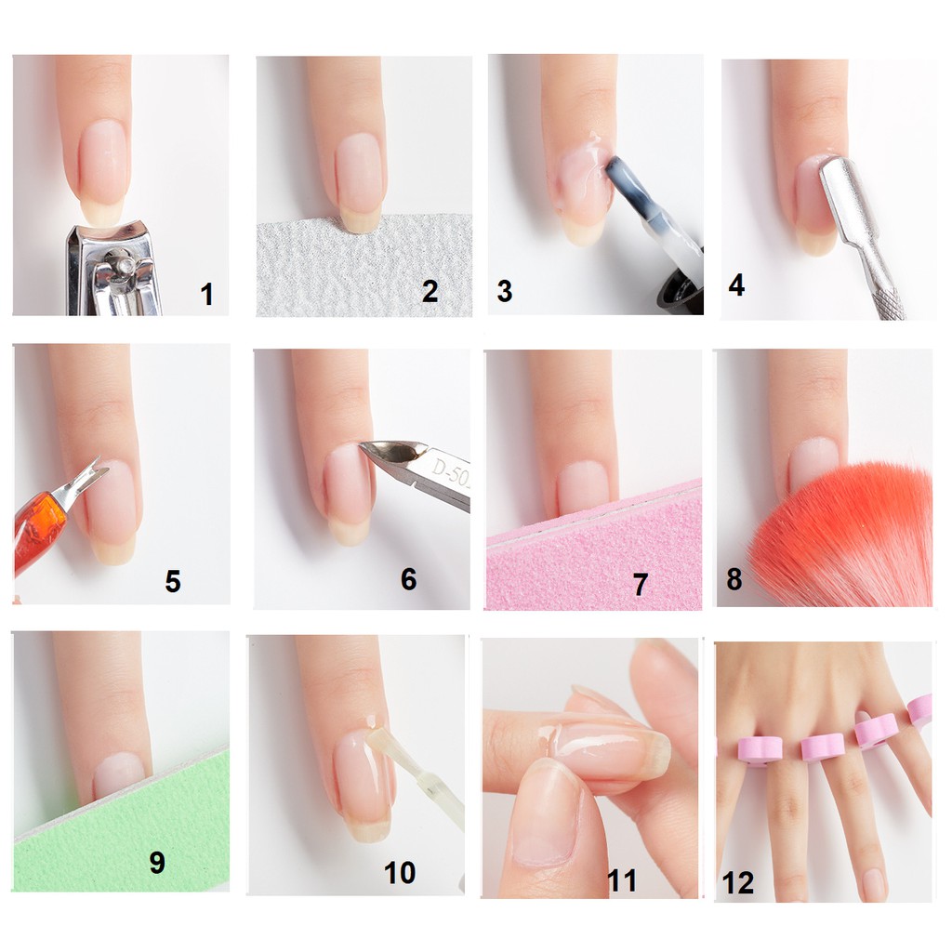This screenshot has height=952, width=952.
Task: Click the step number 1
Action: pos(206,295)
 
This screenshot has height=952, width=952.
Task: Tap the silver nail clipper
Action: pos(112,269)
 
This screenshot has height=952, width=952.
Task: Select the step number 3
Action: pos(505,291)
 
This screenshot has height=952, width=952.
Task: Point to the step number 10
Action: pos(400,873)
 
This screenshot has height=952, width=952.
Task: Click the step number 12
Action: pos(737,883)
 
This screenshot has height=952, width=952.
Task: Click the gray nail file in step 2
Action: pos(364,267)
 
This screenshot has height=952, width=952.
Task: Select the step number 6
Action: pos(409,579)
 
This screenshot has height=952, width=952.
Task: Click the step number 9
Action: pos(156,862)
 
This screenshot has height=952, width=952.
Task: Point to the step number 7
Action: pos(640,585)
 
